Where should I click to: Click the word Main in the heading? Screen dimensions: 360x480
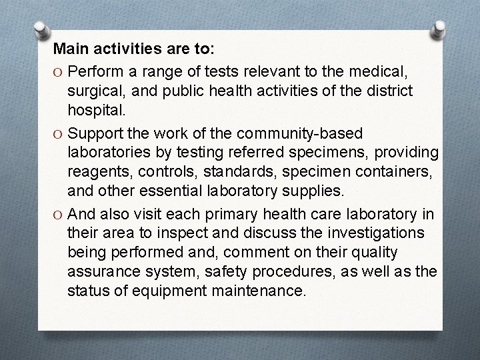pos(69,49)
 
